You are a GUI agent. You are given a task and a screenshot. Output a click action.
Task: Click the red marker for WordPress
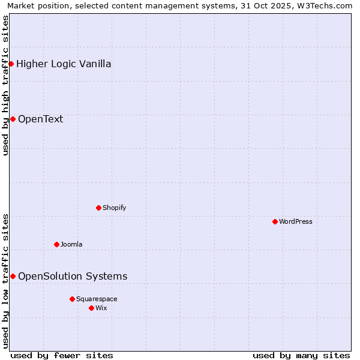point(275,221)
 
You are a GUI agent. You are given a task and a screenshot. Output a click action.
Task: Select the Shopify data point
point(98,208)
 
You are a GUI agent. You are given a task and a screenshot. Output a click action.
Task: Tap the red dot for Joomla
point(56,244)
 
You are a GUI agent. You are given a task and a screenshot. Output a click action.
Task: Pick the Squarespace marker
point(72,299)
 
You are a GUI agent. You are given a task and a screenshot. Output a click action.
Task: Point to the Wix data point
point(91,308)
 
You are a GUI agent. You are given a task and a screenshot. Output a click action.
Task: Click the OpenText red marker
point(13,119)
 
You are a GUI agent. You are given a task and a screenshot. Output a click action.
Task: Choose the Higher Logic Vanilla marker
point(11,64)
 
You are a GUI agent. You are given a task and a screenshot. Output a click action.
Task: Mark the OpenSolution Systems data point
point(13,276)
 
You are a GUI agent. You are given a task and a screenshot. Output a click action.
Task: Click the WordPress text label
point(296,221)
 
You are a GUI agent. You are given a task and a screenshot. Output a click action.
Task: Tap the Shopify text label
point(114,208)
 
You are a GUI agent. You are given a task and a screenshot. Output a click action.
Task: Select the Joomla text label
point(71,244)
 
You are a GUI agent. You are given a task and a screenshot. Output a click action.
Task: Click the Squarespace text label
point(97,299)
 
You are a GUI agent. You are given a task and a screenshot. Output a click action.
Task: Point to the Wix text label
point(101,308)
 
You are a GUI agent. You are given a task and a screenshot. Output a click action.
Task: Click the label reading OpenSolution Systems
point(73,276)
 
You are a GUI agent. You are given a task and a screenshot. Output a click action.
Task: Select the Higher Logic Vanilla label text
point(64,64)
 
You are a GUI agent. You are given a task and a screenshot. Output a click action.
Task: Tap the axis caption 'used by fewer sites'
point(62,355)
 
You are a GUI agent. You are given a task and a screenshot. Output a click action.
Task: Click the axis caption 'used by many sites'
point(301,355)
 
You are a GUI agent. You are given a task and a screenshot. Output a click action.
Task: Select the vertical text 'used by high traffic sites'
point(5,85)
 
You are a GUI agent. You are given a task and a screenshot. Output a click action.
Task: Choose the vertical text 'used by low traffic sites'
point(5,281)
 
